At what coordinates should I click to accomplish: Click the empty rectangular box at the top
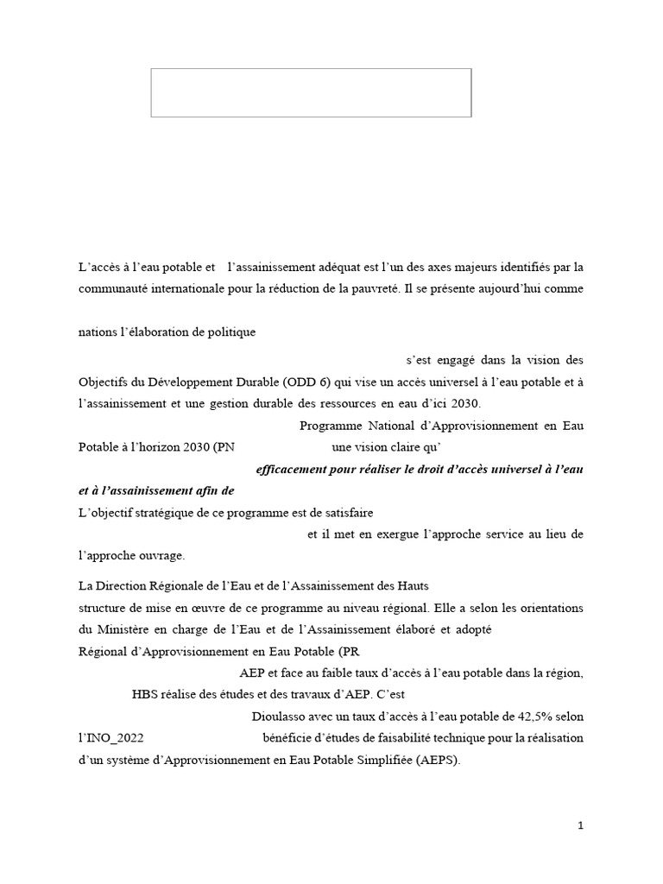311,92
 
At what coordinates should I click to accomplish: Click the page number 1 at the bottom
581,825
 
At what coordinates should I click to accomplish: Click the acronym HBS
146,693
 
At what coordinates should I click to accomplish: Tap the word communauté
113,290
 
